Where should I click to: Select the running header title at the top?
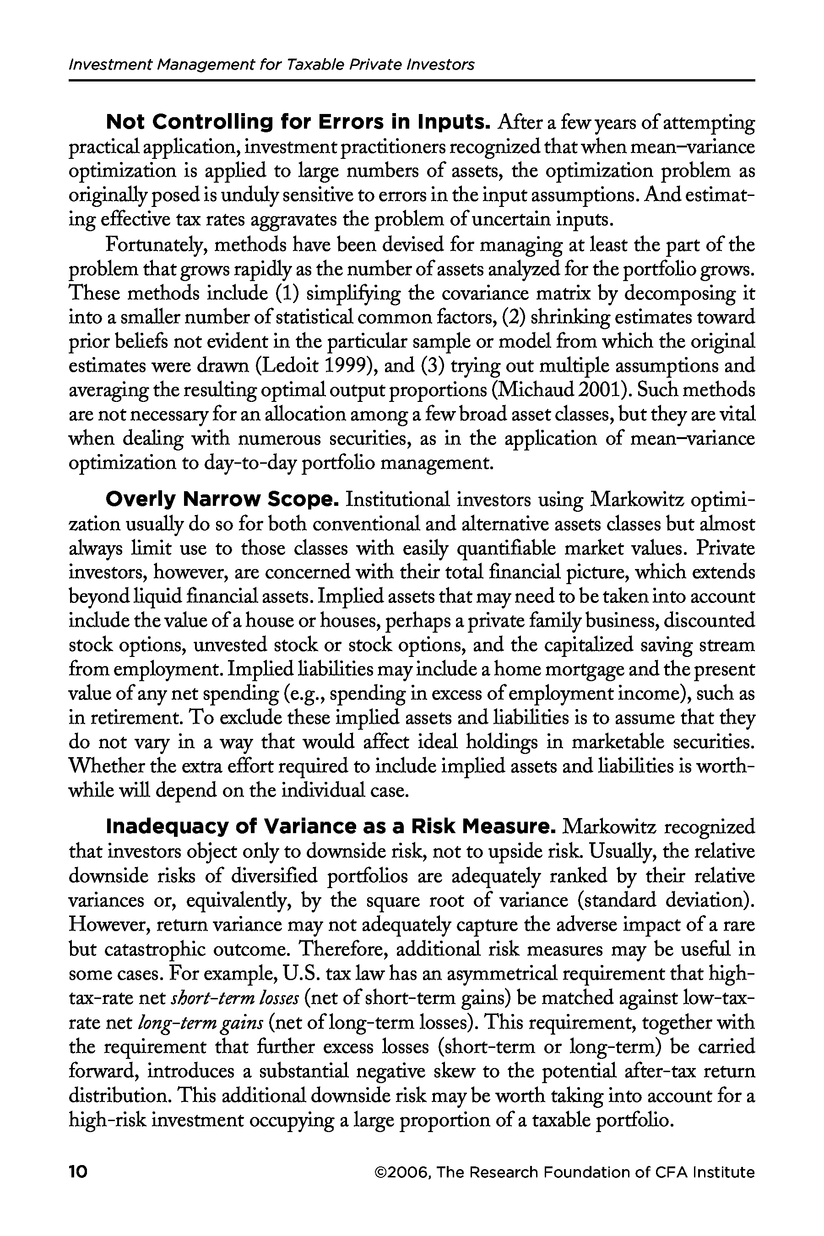pyautogui.click(x=271, y=65)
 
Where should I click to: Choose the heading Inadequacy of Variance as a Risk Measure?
pyautogui.click(x=331, y=826)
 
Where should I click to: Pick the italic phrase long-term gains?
pyautogui.click(x=200, y=1022)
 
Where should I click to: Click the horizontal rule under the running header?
pyautogui.click(x=412, y=81)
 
